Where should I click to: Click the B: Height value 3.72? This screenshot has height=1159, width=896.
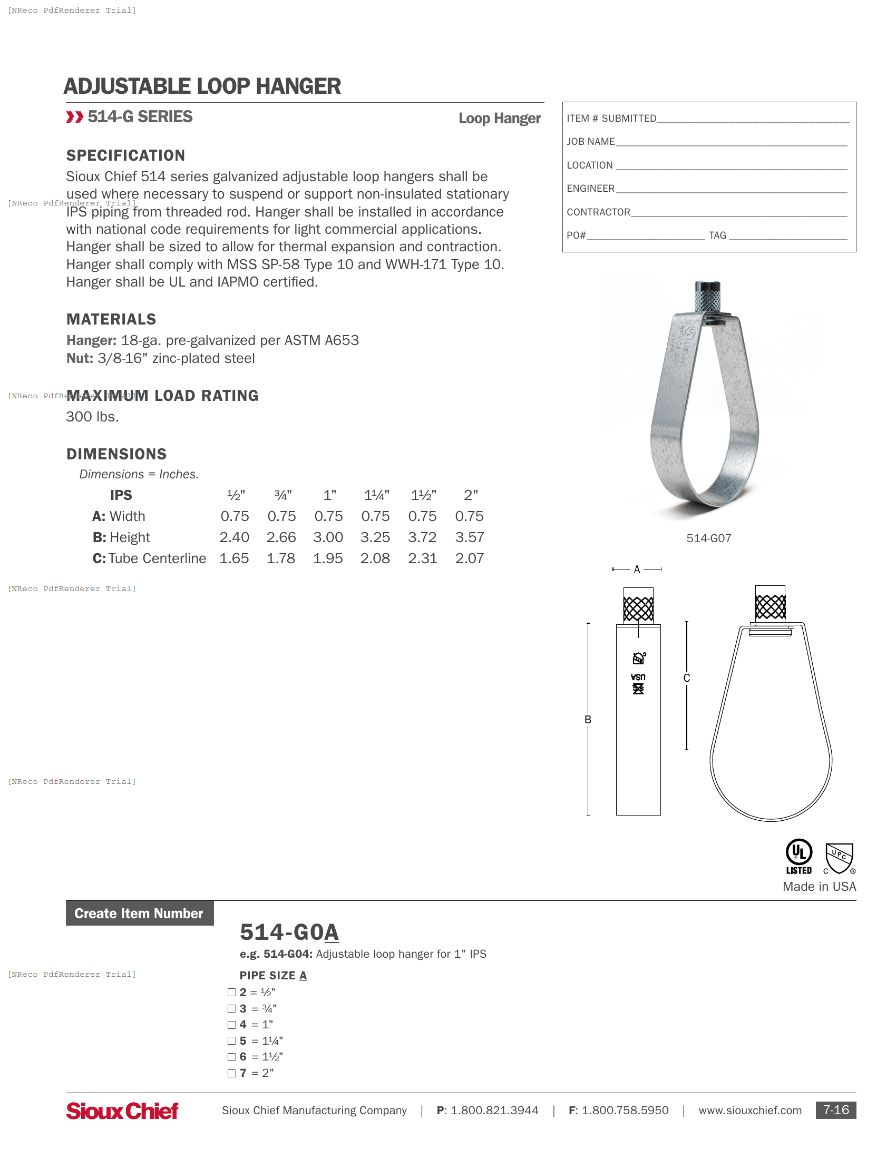pos(422,537)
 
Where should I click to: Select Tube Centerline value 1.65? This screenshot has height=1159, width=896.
pos(234,558)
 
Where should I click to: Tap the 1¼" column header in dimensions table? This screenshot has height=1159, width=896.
pos(376,495)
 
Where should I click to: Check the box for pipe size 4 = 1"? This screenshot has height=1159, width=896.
pos(231,1025)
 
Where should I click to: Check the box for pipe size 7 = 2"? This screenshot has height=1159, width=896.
pos(231,1073)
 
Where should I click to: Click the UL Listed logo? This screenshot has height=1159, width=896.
pos(798,857)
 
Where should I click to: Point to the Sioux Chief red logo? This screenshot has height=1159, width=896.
pos(122,1111)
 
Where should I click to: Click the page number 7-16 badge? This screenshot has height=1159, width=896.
pos(835,1110)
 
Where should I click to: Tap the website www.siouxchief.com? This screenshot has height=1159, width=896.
pos(749,1111)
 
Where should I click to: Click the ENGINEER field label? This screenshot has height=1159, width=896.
pos(590,189)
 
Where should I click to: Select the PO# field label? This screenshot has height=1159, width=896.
pos(576,235)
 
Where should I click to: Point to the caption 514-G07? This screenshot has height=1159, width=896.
pos(708,538)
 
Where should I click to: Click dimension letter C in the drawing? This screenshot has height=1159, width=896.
pos(686,678)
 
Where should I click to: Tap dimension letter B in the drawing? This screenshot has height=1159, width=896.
pos(588,720)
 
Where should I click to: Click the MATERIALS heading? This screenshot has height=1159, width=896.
pos(111,319)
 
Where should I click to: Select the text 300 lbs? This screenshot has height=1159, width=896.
pos(92,417)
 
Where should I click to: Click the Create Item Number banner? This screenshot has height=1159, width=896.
pos(139,914)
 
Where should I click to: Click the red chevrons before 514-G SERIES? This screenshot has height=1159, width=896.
pos(74,117)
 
